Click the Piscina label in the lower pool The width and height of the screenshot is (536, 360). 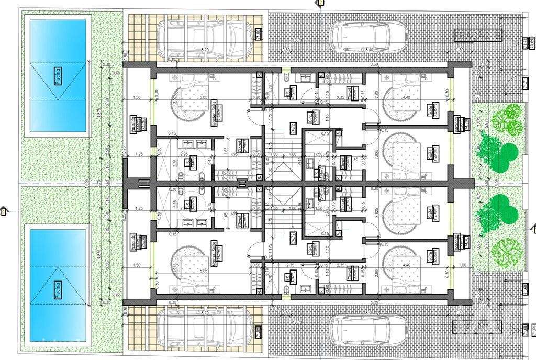click(58, 288)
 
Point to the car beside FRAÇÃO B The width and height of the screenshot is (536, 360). click(369, 37)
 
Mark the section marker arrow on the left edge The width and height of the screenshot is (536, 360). click(5, 210)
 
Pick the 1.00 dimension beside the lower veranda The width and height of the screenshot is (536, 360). click(462, 265)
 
